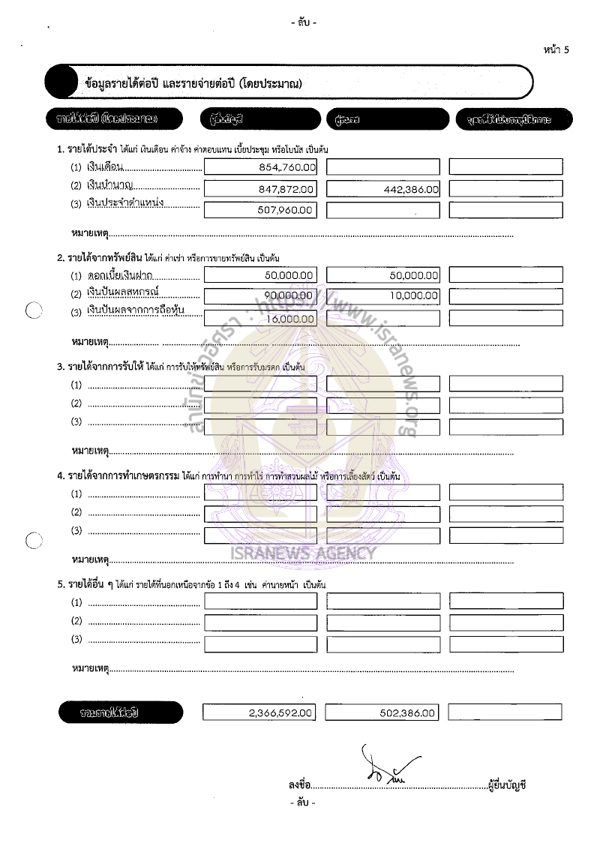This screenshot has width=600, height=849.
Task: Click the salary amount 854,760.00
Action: [286, 167]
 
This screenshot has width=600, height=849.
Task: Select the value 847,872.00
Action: [286, 189]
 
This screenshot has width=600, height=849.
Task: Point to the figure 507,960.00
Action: [286, 210]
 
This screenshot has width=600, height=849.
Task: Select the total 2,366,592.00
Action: [281, 713]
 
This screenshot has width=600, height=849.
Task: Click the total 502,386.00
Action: [408, 713]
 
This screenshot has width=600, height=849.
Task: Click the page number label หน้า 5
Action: [556, 49]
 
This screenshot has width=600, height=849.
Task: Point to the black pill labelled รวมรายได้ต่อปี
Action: [120, 712]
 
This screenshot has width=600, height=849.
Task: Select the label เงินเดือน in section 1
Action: [107, 166]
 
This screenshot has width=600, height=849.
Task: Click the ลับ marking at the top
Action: [303, 22]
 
